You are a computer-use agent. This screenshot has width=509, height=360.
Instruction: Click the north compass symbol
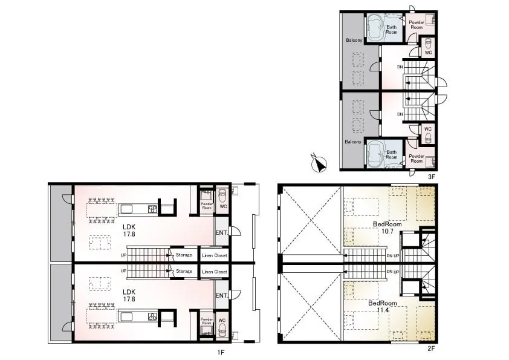[x=319, y=164]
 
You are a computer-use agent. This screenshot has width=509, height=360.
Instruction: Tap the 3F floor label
[x=431, y=177]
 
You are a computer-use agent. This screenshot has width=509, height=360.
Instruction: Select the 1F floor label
[x=221, y=352]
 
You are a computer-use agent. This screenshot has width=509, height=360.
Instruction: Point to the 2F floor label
[x=431, y=349]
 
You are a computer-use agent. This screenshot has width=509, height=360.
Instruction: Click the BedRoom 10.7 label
[x=387, y=227]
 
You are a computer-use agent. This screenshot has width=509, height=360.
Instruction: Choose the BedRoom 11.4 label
[x=383, y=306]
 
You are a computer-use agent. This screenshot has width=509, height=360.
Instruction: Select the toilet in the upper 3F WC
[x=429, y=43]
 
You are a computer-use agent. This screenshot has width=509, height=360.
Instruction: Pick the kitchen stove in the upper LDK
[x=152, y=209]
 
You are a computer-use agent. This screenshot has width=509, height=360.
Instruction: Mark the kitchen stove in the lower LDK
[x=152, y=317]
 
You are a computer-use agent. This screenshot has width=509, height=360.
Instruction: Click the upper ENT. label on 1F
[x=221, y=232]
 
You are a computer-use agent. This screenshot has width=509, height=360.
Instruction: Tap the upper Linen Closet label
[x=214, y=255]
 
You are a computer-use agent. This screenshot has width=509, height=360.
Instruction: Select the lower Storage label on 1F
[x=184, y=271]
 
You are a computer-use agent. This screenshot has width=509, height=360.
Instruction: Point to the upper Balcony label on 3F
[x=354, y=40]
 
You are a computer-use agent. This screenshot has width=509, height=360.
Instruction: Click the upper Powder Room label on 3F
[x=417, y=25]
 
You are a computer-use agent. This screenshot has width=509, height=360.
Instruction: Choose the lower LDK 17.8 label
[x=129, y=295]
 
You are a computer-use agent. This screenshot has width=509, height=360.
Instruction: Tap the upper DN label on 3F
[x=400, y=67]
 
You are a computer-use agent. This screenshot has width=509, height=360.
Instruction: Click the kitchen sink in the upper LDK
[x=127, y=209]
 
